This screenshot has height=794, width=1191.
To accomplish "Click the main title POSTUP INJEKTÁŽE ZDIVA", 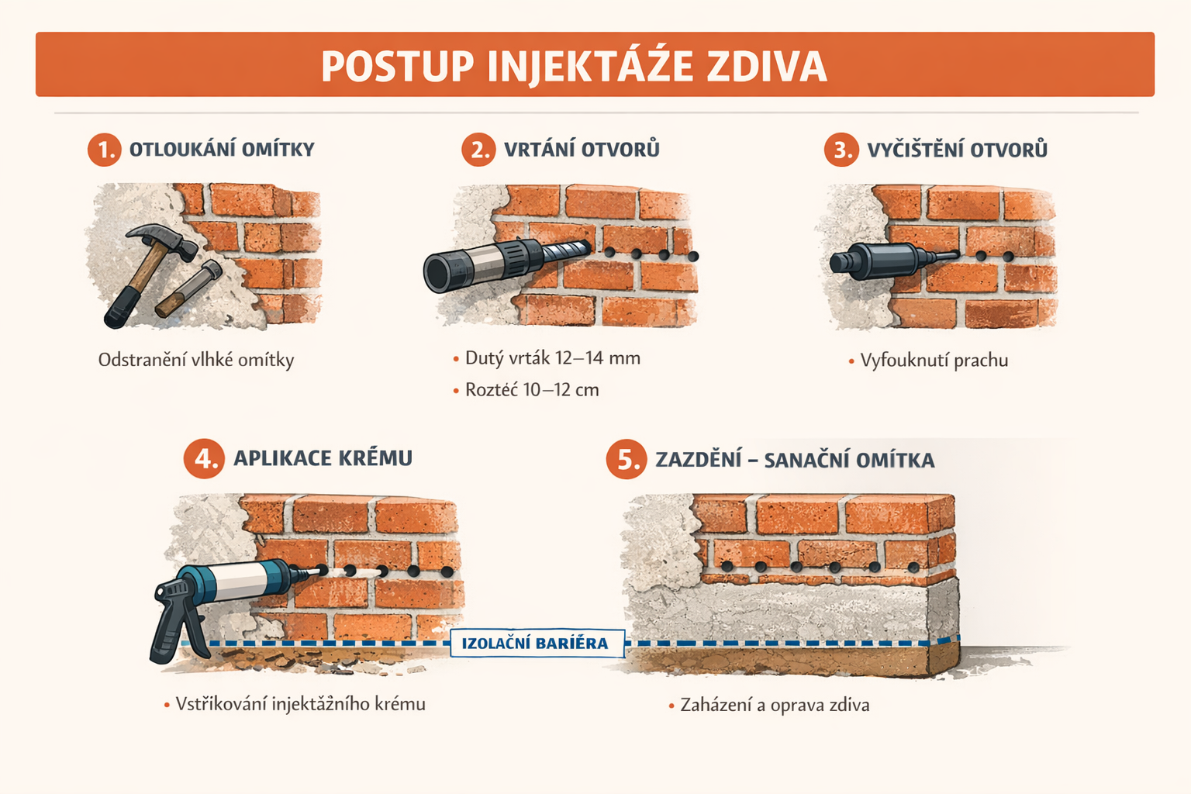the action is coord(575,66).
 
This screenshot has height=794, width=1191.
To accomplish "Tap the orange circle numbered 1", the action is coord(105,150).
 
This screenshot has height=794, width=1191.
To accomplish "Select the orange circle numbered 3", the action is coord(841,150).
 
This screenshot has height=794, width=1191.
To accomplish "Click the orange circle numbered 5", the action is coord(627,459).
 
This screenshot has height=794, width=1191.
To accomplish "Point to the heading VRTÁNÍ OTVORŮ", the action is coord(582,150).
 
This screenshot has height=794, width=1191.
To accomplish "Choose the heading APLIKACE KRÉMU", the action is coord(323,458).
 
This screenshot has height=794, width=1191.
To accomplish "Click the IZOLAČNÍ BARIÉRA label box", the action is coord(537,644).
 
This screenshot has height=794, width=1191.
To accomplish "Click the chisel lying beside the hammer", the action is coord(188,288).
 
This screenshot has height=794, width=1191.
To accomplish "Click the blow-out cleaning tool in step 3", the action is coord(893,261).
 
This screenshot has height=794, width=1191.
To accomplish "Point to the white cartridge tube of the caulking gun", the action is coord(236,581).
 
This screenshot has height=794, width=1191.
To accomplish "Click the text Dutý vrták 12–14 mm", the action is coord(552,358).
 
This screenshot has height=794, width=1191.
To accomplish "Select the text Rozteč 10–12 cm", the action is coord(532,390).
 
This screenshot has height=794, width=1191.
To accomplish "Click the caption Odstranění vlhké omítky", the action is coord(196,360).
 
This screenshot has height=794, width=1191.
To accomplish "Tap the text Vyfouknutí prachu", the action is coord(934,361).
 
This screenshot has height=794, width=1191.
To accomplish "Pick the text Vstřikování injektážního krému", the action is coord(300,704).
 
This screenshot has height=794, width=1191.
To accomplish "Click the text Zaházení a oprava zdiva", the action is coord(775,705).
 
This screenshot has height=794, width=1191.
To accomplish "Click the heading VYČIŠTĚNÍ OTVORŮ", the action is coord(957,150).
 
